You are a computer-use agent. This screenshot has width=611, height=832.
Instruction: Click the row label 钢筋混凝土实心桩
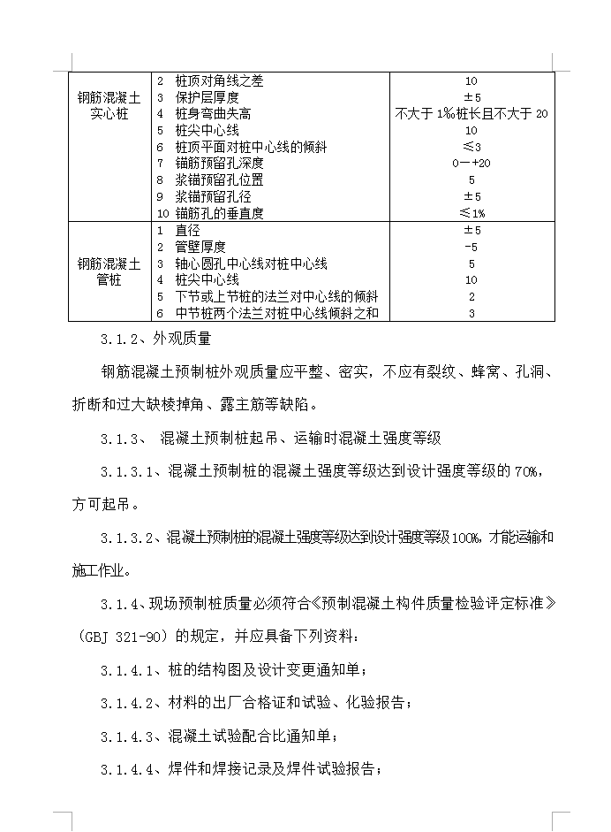[x=109, y=106]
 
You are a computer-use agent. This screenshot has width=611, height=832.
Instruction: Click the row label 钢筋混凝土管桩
[x=109, y=271]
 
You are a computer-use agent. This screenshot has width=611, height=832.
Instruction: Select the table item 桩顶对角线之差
[x=219, y=81]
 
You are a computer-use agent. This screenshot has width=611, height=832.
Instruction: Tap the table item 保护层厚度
[x=207, y=97]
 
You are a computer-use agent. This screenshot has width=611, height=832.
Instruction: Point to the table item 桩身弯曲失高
[x=213, y=114]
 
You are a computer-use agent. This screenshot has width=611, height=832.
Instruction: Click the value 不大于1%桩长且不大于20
[x=471, y=114]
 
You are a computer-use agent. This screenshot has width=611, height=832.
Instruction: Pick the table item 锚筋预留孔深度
[x=219, y=164]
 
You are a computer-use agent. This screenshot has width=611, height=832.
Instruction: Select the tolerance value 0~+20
[x=471, y=164]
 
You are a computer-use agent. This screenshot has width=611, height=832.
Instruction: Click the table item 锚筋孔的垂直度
[x=219, y=213]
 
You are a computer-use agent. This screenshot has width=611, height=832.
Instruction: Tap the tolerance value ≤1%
[x=471, y=213]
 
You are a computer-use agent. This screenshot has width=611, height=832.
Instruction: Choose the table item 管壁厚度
[x=201, y=247]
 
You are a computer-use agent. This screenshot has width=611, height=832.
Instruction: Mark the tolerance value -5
[x=471, y=247]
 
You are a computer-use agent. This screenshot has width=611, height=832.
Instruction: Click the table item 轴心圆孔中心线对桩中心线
[x=252, y=263]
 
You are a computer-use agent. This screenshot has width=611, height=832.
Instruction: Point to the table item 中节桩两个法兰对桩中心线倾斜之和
[x=276, y=313]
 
